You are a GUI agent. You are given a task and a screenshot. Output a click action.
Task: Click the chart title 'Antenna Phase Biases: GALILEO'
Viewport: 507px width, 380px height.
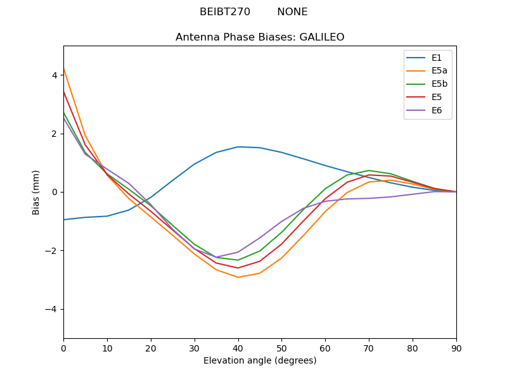pos(260,37)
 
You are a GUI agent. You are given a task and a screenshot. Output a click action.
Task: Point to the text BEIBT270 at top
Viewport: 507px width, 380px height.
pos(225,12)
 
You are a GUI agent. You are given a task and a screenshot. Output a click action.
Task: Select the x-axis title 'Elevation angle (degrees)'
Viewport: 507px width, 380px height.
pos(260,360)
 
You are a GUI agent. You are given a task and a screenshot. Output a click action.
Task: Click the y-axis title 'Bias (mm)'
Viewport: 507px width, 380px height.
pos(36,192)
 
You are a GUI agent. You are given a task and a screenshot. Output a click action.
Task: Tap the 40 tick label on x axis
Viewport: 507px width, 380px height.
pos(238,348)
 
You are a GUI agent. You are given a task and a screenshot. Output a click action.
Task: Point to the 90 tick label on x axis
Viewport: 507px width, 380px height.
pos(456,348)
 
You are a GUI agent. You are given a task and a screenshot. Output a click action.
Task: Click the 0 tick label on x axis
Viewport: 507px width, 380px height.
pos(63,348)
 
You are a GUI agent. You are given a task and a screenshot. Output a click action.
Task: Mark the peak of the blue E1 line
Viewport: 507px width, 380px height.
pos(238,147)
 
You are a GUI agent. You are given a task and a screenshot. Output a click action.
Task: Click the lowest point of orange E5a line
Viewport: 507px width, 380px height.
pos(238,277)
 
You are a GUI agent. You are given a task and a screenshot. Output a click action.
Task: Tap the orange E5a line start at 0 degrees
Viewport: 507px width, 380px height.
pos(64,68)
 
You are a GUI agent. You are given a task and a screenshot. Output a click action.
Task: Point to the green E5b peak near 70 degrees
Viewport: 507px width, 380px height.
pos(369,170)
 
